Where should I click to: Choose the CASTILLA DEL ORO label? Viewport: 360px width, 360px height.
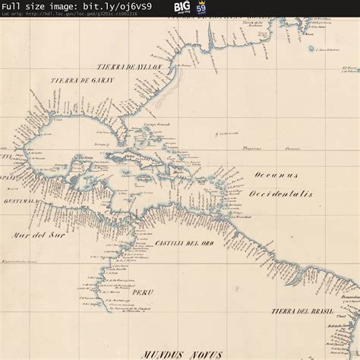tap(179, 242)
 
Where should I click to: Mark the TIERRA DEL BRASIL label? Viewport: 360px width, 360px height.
tap(302, 311)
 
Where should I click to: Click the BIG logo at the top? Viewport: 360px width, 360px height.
tap(182, 7)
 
